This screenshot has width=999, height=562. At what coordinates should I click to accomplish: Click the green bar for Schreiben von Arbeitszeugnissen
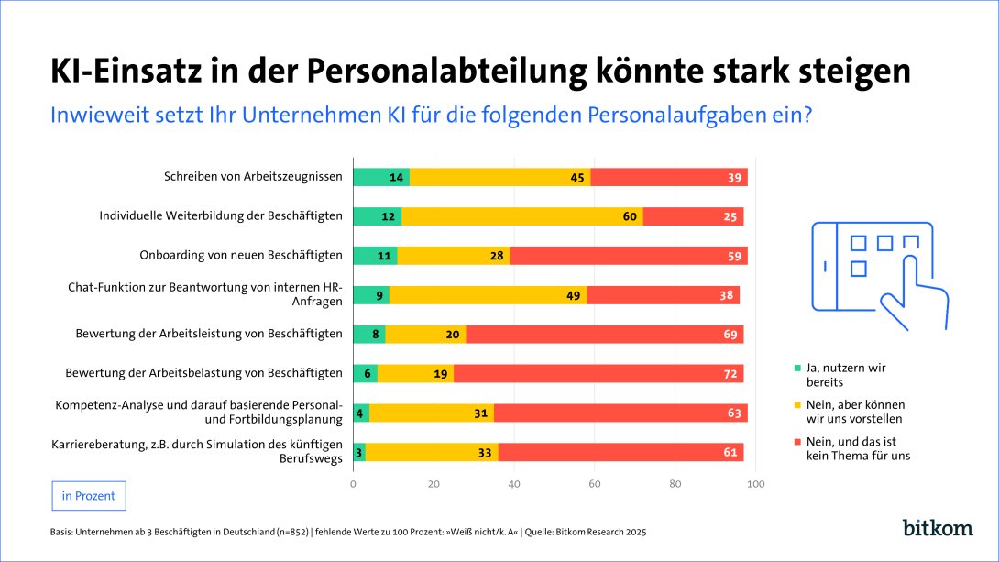point(380,177)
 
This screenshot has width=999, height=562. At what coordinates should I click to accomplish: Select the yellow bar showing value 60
point(522,216)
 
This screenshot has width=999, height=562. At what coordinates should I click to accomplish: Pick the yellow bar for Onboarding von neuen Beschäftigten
point(454,256)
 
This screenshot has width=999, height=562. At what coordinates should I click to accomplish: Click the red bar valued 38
point(663,295)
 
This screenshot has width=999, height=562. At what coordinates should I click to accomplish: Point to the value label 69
point(730,335)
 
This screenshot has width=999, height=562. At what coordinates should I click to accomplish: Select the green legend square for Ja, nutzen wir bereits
point(798,369)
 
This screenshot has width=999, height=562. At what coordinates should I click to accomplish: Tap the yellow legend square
point(798,404)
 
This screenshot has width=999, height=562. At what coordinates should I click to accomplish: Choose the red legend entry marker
point(798,442)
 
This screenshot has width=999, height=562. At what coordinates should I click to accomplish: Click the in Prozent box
point(89,496)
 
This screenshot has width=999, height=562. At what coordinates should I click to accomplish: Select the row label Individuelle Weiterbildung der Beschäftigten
point(221,216)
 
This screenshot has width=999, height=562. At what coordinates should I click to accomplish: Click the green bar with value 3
point(359,452)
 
